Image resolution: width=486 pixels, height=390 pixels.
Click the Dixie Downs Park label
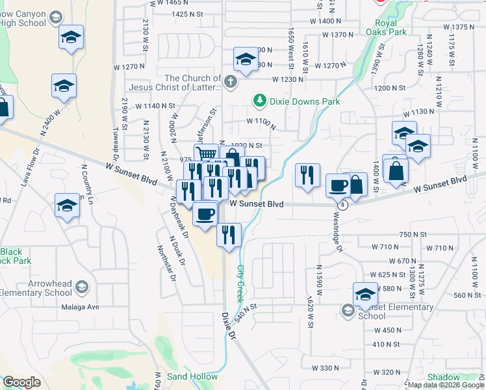305,101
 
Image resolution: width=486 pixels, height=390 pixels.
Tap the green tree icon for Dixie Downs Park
260,100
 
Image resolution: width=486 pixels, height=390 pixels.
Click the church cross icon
231,82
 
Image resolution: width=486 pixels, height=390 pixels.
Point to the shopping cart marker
206,155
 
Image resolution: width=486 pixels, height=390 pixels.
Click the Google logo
21,382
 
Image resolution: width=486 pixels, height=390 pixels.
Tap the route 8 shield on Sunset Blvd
343,205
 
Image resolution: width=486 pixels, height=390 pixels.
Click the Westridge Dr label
338,233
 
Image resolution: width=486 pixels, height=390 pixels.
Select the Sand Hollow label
192,376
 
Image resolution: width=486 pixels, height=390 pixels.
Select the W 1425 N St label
193,14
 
